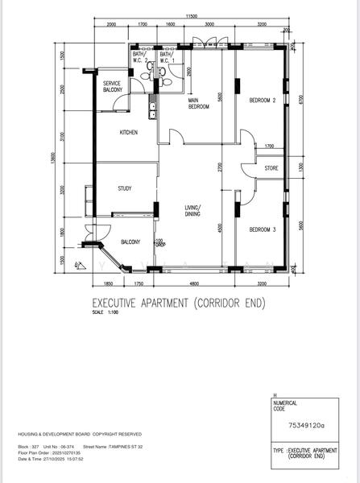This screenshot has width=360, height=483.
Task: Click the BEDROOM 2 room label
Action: (263, 101)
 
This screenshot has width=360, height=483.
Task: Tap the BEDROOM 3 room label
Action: (263, 230)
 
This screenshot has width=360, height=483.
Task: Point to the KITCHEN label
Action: (129, 132)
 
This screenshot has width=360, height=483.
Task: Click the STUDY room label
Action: (124, 189)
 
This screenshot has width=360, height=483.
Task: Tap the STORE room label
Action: (271, 168)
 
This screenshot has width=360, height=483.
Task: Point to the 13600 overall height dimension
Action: (54, 161)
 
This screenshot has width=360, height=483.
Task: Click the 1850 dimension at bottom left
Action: (108, 284)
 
